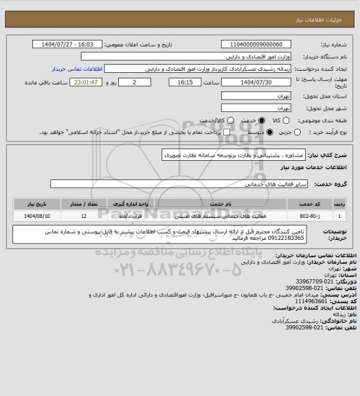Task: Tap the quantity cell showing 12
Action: [x=83, y=216]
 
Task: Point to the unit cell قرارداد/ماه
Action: [x=130, y=216]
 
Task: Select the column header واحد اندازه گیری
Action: [x=130, y=205]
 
